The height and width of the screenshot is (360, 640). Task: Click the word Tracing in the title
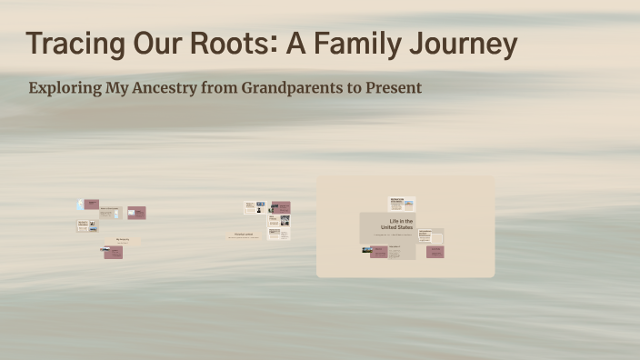[x=68, y=44]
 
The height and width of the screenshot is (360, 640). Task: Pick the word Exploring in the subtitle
[x=65, y=88]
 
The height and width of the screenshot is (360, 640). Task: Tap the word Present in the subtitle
[x=394, y=88]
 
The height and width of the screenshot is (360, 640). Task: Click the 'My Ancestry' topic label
[x=123, y=239]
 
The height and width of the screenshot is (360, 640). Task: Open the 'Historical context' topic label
[x=244, y=234]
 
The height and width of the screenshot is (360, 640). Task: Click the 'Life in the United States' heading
[x=401, y=224]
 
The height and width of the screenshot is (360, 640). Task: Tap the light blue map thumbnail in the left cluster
[x=80, y=205]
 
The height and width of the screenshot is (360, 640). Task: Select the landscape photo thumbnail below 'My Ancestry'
[x=105, y=249]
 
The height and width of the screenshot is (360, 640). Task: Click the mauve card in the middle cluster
[x=281, y=207]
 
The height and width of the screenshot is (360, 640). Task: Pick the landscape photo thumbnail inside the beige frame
[x=367, y=249]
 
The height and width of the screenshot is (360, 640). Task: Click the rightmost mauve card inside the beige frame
[x=435, y=252]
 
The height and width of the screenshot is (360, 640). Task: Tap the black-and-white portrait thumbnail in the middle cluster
[x=259, y=210]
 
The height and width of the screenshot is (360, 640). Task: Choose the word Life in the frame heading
[x=395, y=221]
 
